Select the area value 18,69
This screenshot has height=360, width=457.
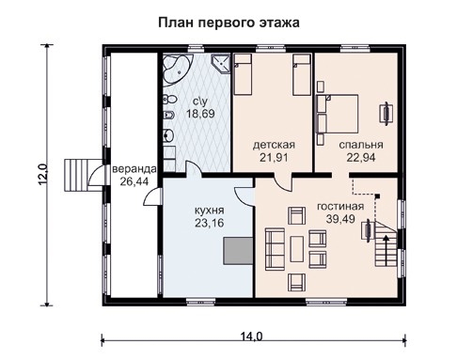pos(199,114)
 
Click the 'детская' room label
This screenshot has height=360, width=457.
pos(274,145)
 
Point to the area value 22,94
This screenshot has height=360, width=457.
pos(361,158)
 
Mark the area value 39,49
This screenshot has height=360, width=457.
pos(341,220)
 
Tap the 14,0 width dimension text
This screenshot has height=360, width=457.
pos(250,337)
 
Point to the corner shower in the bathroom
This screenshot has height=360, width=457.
pos(220,64)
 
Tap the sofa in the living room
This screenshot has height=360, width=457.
pos(276,249)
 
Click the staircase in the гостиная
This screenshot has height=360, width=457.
pos(385,240)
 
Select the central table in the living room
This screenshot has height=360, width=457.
pos(297,249)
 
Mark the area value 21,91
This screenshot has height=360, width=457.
pos(274,158)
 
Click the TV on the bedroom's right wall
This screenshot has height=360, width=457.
pos(385,114)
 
